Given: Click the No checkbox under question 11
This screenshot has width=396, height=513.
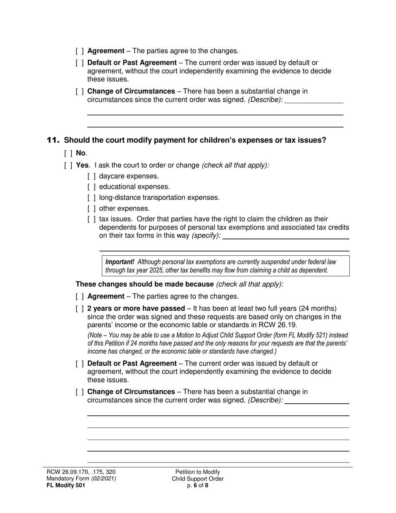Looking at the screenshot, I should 68,153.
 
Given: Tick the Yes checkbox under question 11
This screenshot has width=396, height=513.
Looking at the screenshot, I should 68,165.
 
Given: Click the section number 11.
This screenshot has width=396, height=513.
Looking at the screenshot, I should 53,141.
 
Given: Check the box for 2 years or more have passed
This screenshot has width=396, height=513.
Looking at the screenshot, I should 80,309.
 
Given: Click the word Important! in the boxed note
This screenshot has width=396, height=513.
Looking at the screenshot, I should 120,262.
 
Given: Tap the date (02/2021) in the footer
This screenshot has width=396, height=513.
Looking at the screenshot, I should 104,479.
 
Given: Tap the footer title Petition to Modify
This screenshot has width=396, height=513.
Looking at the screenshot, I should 198,472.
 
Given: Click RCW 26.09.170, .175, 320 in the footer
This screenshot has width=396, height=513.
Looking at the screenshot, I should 81,472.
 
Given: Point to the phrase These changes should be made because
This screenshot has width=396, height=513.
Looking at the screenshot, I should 144,284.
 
